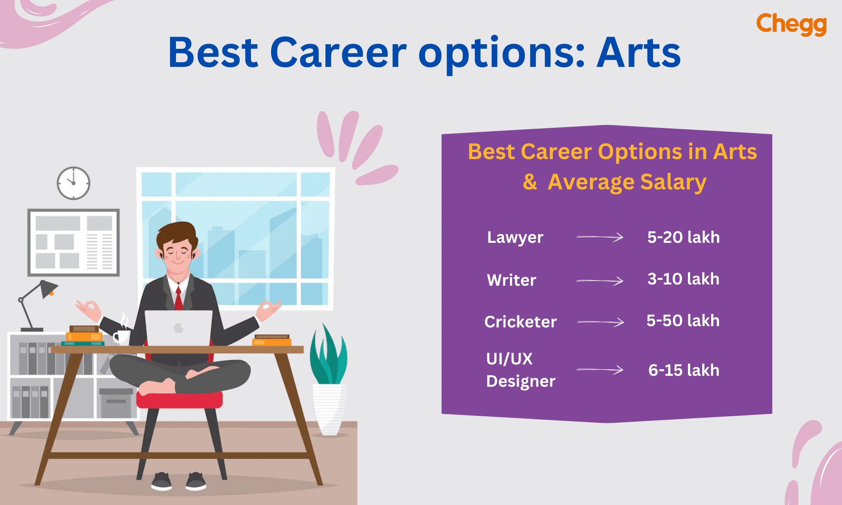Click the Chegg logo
(791, 24)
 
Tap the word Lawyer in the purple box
(515, 238)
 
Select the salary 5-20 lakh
(683, 237)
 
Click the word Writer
(512, 280)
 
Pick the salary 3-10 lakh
(683, 279)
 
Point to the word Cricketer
(520, 322)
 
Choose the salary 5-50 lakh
(683, 321)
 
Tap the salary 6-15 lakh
(684, 370)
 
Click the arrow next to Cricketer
(600, 322)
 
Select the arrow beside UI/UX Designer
(600, 370)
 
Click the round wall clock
(74, 183)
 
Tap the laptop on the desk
(179, 328)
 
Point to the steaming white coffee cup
(122, 336)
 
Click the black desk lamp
(38, 303)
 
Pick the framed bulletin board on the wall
(74, 242)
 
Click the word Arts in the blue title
(638, 53)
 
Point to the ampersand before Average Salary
(530, 182)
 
